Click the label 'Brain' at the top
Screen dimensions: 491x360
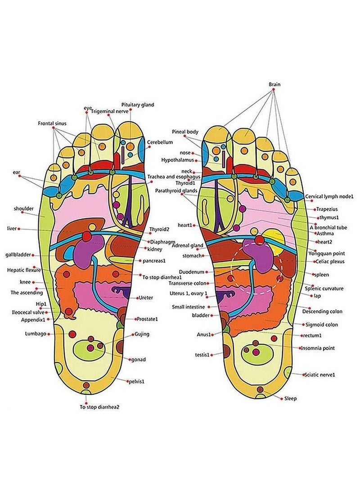pos(274,84)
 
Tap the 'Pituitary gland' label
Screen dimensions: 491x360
pos(138,104)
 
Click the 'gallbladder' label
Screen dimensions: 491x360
pos(19,255)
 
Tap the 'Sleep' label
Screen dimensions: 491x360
pos(291,398)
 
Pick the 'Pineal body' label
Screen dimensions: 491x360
pos(185,131)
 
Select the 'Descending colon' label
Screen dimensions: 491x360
pos(322,311)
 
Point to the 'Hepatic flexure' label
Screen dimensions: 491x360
pos(24,270)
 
